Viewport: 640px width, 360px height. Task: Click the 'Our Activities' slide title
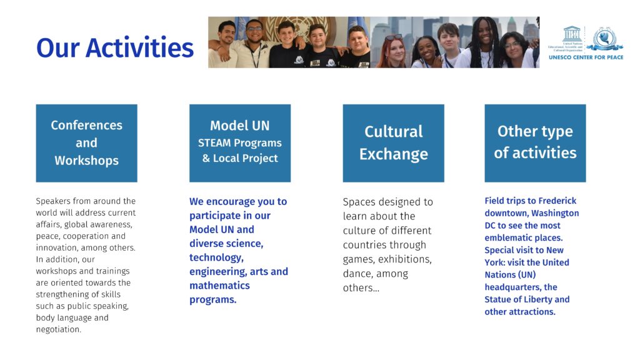point(115,47)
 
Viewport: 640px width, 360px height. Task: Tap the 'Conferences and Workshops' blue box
point(86,143)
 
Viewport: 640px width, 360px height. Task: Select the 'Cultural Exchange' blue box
point(394,143)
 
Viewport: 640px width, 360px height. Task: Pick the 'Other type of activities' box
point(535,143)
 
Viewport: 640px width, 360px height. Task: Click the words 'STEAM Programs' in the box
point(240,143)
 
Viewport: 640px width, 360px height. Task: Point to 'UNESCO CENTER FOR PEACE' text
point(586,57)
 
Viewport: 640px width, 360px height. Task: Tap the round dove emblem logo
point(604,39)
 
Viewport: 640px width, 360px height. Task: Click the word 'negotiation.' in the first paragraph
point(58,329)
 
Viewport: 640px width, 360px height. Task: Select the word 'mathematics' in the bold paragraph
point(219,285)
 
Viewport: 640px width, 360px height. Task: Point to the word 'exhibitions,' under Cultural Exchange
point(405,259)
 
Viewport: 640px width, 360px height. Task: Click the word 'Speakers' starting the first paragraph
point(53,201)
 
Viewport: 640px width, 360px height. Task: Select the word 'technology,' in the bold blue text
point(216,257)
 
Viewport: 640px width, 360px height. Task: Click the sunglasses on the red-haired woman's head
point(393,37)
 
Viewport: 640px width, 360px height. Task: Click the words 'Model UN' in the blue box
point(240,126)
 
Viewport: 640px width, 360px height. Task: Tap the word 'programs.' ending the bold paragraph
point(212,299)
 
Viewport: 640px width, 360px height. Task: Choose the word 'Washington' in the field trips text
point(555,213)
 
